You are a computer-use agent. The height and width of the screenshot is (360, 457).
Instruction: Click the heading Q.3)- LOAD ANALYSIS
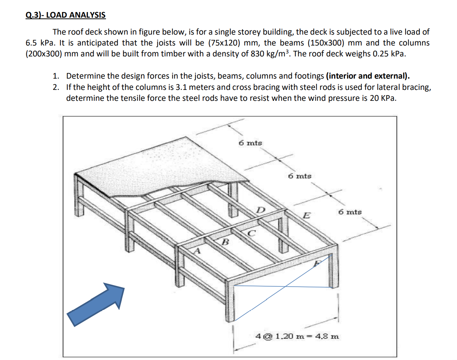(66, 15)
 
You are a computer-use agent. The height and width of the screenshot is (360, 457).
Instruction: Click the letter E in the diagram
(307, 216)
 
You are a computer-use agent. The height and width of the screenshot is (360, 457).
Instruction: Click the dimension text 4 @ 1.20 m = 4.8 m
(297, 336)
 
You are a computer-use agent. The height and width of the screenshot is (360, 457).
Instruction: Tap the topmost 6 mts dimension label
(251, 143)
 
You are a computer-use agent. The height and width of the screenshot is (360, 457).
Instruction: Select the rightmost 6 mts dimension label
(350, 212)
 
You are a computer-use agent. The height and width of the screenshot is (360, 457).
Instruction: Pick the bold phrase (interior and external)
(368, 76)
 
